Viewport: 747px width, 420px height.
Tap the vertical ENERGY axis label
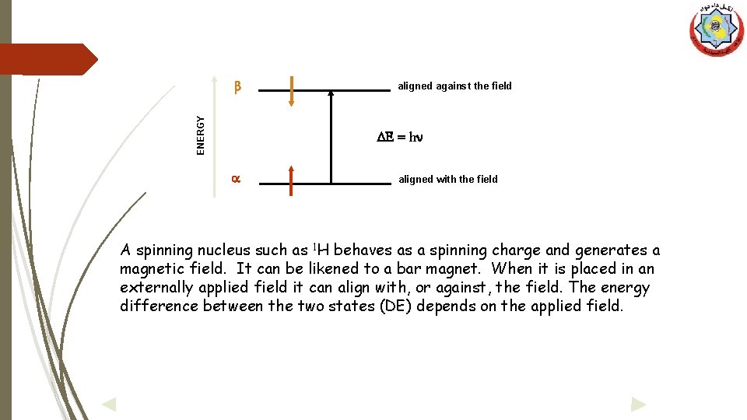(201, 135)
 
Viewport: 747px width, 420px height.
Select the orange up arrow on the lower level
(291, 182)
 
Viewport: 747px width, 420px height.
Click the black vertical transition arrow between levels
(331, 136)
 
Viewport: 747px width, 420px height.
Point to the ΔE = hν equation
(400, 137)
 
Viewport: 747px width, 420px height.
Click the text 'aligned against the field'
(454, 86)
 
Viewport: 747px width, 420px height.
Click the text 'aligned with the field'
(447, 180)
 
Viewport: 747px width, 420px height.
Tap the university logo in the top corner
(716, 30)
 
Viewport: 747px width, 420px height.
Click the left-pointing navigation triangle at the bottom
(109, 404)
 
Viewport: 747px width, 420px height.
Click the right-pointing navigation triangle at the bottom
(638, 404)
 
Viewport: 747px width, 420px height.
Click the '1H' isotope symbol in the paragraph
(321, 250)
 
